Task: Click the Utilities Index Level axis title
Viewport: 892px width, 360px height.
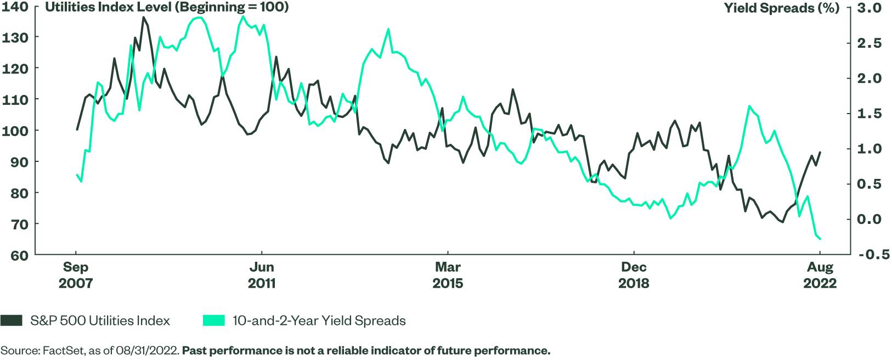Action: tap(167, 8)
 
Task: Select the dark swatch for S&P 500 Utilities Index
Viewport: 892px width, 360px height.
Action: tap(12, 320)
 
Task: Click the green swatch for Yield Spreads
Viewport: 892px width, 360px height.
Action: tap(213, 320)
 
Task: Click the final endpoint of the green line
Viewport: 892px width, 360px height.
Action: tap(820, 239)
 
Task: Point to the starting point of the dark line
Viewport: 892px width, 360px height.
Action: tap(76, 130)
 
